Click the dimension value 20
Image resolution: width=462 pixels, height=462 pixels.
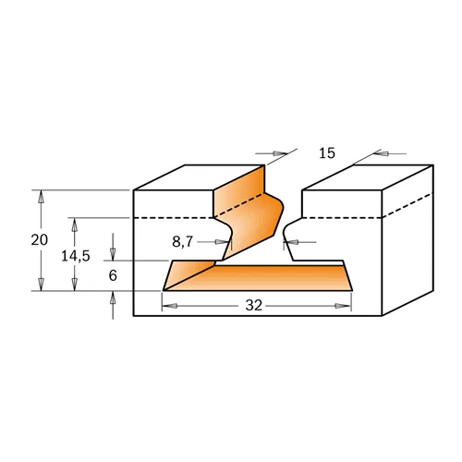[x=39, y=239]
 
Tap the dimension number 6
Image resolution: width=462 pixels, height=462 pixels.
[x=113, y=275]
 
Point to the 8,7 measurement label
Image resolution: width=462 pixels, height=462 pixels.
[x=184, y=242]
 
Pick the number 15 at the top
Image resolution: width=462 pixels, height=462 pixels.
[x=327, y=153]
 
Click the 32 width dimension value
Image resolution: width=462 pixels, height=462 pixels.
[x=256, y=305]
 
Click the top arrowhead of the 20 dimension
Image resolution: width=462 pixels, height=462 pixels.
[x=40, y=196]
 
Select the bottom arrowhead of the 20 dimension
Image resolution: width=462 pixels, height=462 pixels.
[x=40, y=285]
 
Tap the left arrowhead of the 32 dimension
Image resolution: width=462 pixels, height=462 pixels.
[x=169, y=305]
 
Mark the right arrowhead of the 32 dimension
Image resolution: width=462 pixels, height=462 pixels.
[x=346, y=305]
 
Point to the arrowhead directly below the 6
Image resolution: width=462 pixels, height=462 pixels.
[x=113, y=297]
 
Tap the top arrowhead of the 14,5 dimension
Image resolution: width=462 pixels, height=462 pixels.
[x=75, y=223]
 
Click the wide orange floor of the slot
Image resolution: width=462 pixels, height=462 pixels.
[x=268, y=279]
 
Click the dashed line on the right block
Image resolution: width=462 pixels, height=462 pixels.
[x=342, y=217]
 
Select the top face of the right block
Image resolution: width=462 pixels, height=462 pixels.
[x=370, y=176]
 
